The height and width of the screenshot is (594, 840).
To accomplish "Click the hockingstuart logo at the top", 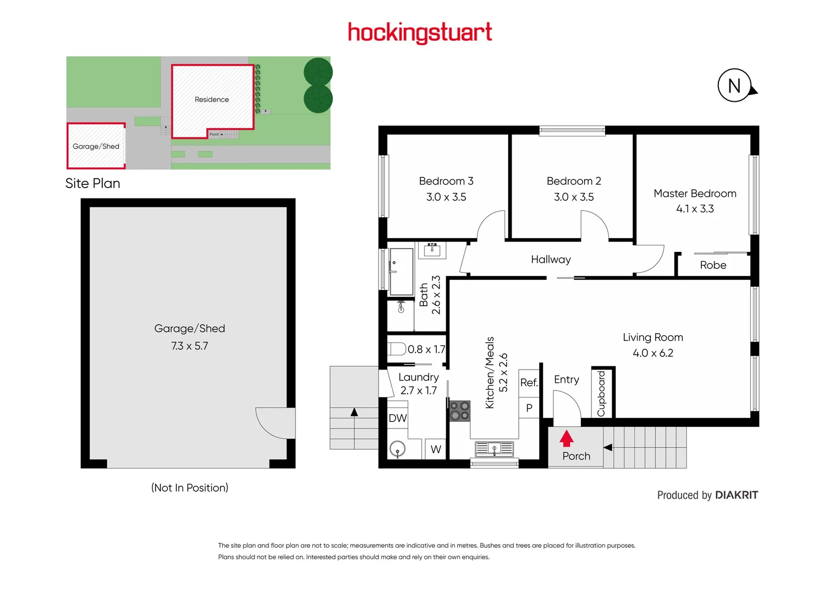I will tap(420, 32).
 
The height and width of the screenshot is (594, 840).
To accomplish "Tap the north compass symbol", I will tap(735, 86).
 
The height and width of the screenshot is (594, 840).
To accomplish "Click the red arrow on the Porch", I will tap(567, 438).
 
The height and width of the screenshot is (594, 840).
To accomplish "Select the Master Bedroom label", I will tap(695, 194).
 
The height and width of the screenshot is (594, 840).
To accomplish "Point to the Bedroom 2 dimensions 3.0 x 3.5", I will tap(574, 197).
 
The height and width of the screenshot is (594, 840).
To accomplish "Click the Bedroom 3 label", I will tap(446, 181).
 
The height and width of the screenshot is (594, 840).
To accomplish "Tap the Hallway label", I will tap(551, 260).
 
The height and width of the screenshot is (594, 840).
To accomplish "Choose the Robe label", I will tap(713, 265).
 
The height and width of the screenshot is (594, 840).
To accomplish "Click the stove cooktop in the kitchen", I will tap(460, 411).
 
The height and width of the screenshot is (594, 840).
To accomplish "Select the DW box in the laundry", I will tap(398, 418).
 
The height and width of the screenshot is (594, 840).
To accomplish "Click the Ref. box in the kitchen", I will tap(529, 382).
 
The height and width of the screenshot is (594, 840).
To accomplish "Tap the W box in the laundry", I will tap(436, 449).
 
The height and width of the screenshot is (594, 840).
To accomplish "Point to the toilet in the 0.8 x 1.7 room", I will tap(397, 349).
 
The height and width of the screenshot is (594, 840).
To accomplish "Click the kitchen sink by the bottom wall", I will tap(494, 449).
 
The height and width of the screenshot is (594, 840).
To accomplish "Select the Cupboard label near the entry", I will tap(601, 393).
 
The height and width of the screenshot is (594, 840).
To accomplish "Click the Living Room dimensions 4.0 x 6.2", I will tap(653, 353).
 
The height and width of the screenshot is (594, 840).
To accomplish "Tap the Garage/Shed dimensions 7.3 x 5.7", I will tap(189, 346).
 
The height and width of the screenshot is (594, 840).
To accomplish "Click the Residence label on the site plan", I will tap(212, 100).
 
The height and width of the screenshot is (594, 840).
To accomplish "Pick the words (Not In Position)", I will tap(190, 488).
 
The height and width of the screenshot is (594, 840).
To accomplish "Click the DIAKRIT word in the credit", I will tap(737, 495).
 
